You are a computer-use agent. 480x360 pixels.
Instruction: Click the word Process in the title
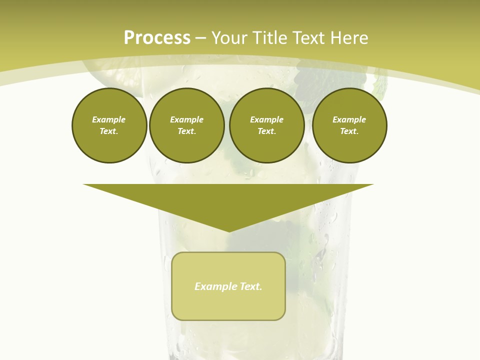click(157, 38)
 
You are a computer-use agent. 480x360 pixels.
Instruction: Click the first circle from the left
click(109, 125)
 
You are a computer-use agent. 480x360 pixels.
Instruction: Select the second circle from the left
click(187, 125)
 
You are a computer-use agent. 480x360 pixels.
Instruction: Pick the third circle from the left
click(267, 125)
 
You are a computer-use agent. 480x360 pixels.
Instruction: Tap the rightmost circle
click(349, 125)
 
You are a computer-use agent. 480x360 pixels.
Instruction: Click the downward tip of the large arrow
click(228, 229)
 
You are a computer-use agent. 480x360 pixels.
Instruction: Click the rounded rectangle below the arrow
click(228, 305)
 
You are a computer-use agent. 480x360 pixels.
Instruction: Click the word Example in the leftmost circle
click(109, 119)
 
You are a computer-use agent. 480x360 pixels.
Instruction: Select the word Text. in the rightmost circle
click(349, 131)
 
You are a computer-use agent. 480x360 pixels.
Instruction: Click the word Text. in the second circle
click(187, 131)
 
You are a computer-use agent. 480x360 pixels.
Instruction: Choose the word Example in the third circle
click(267, 119)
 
